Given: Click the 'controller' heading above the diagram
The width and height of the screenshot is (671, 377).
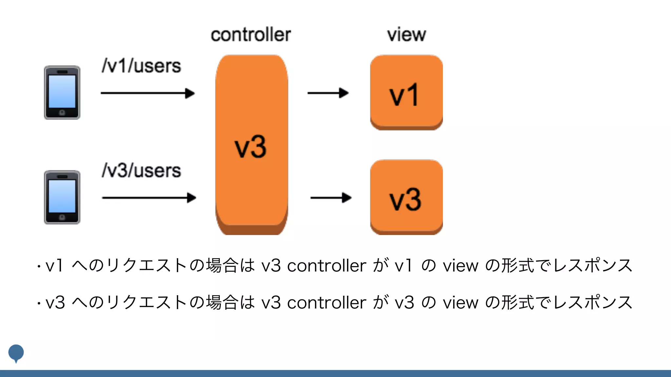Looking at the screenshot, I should (251, 35).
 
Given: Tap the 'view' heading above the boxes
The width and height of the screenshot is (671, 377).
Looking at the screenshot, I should (406, 34).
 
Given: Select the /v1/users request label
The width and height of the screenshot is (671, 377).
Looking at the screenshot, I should (141, 66).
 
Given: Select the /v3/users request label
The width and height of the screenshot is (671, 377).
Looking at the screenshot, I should (141, 171).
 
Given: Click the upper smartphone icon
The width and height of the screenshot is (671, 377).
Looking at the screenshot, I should (62, 93).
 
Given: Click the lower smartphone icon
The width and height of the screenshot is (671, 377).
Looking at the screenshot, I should (62, 197).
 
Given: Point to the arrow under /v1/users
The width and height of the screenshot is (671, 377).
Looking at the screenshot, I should (147, 93).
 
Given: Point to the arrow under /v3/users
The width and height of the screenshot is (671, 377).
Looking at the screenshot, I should (149, 198).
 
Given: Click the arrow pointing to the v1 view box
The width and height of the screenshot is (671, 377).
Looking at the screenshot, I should (328, 93).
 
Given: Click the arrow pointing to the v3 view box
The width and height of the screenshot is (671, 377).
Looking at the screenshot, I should (331, 198).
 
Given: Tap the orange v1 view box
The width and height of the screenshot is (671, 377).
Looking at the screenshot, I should (406, 92).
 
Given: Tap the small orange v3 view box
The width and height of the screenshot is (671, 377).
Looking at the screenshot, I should (406, 197).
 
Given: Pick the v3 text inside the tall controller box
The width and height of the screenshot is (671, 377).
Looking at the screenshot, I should (251, 147).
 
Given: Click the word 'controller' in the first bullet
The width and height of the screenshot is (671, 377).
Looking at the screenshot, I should (326, 266).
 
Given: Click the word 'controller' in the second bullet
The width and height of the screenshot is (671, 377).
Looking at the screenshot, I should (326, 303).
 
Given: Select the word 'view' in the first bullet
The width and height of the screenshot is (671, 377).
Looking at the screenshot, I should (460, 266).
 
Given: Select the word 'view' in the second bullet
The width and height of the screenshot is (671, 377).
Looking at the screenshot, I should (460, 303).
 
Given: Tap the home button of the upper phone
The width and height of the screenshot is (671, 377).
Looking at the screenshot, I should (62, 113).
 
